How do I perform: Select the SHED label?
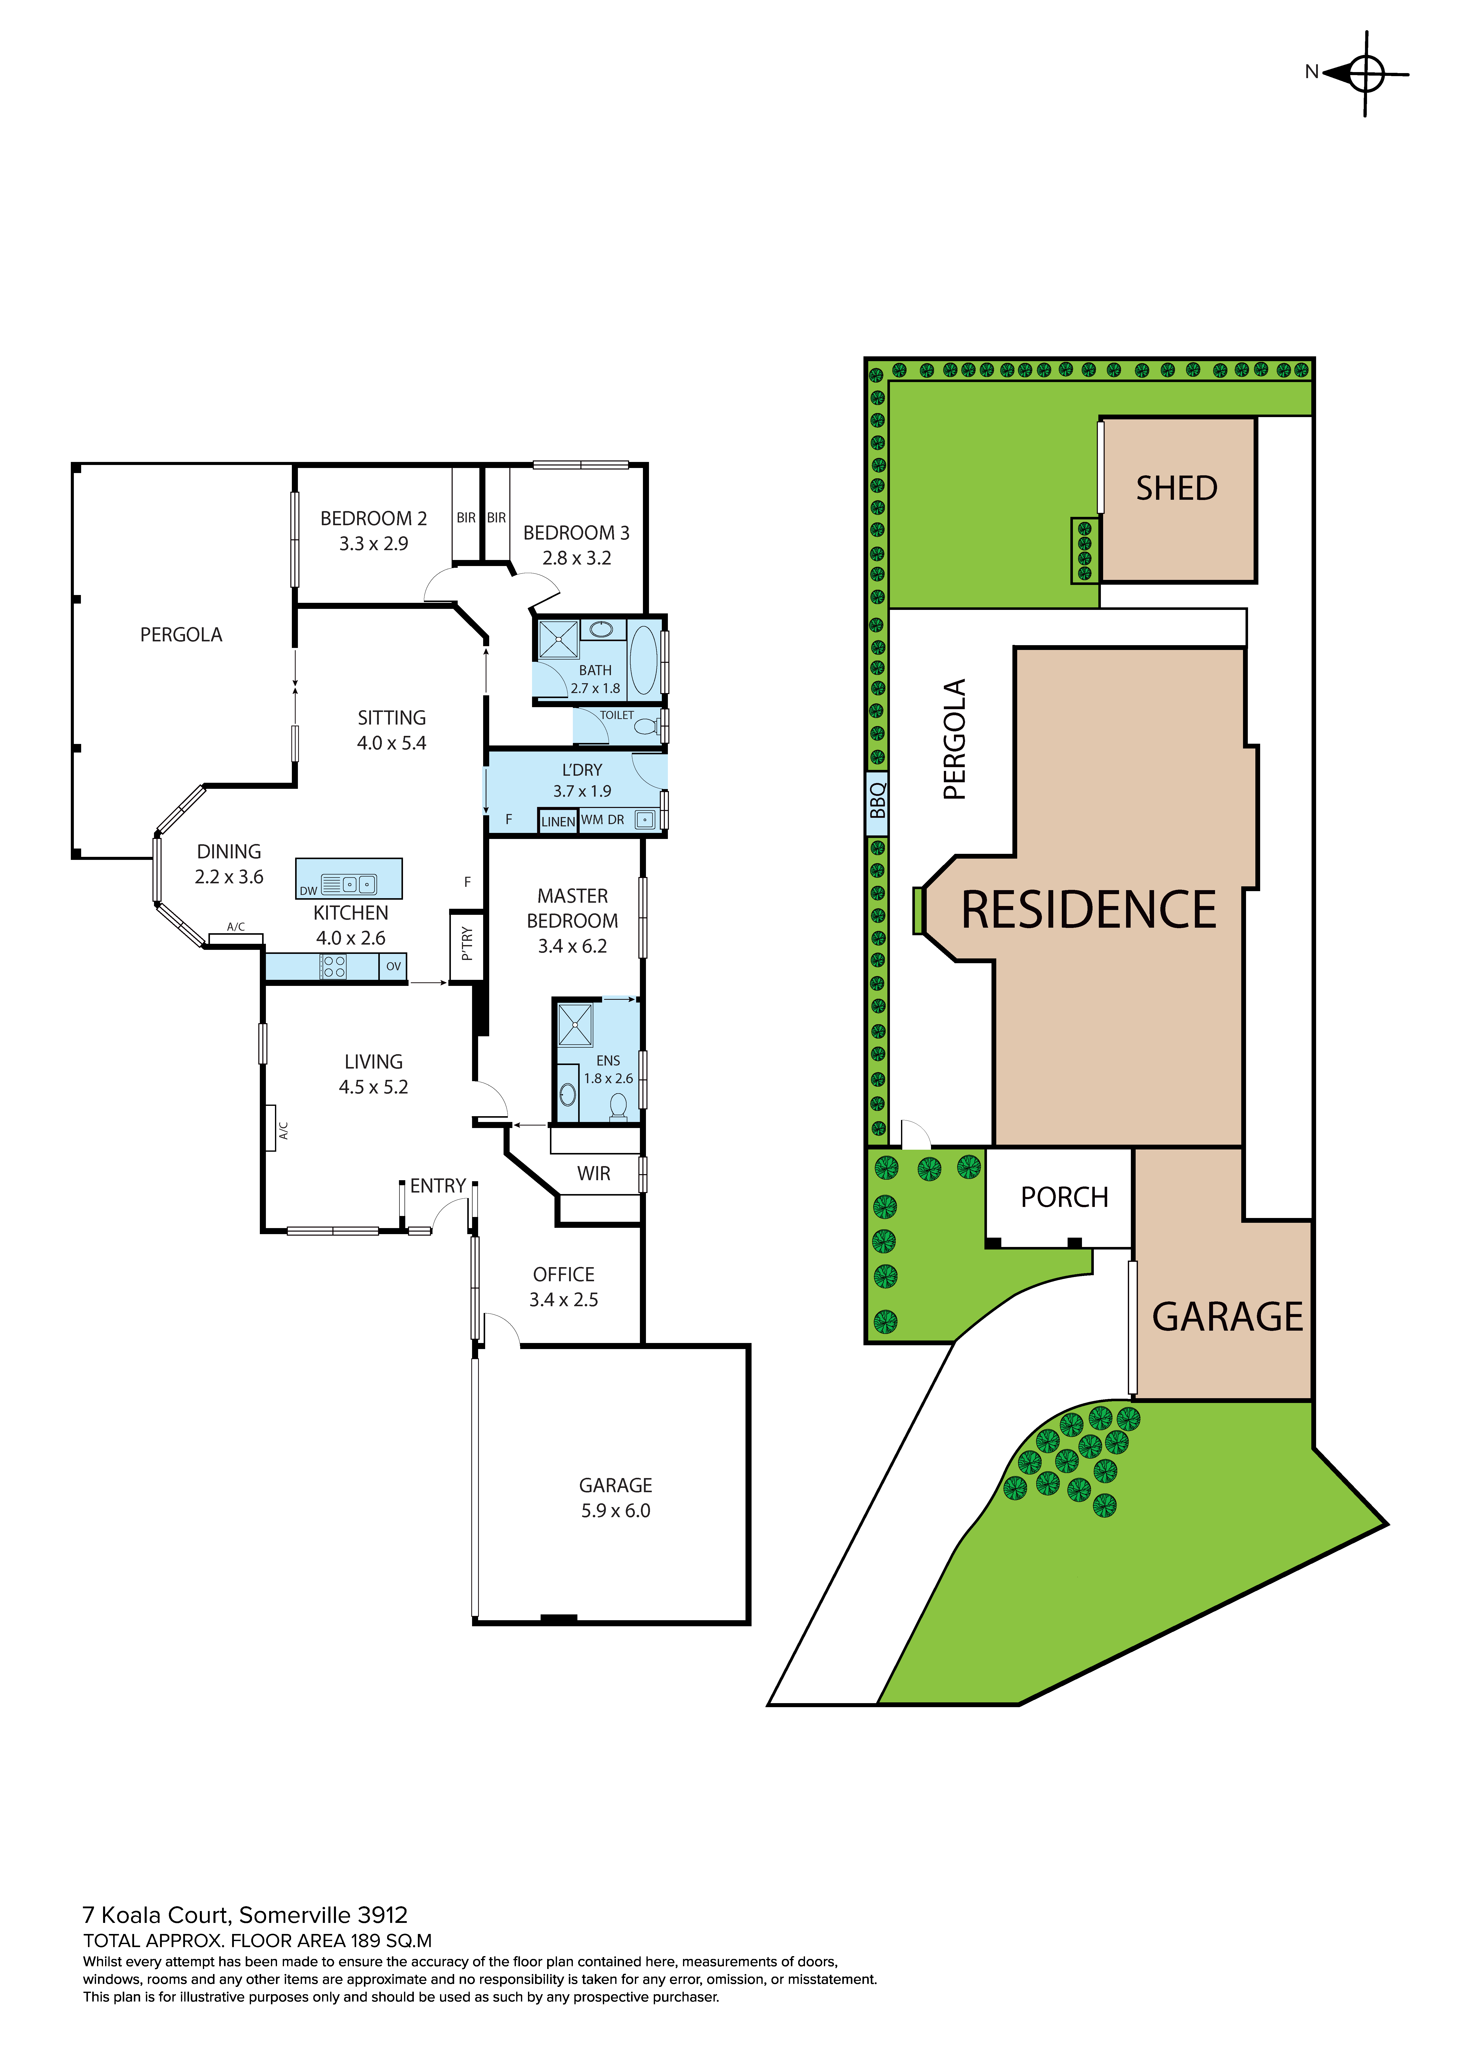pyautogui.click(x=1177, y=488)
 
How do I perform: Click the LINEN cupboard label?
pyautogui.click(x=558, y=821)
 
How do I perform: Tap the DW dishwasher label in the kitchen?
pyautogui.click(x=308, y=890)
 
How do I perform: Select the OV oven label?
pyautogui.click(x=393, y=967)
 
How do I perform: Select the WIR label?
pyautogui.click(x=594, y=1173)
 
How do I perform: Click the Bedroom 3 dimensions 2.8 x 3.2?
pyautogui.click(x=577, y=558)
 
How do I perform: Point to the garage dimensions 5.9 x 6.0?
pyautogui.click(x=615, y=1510)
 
